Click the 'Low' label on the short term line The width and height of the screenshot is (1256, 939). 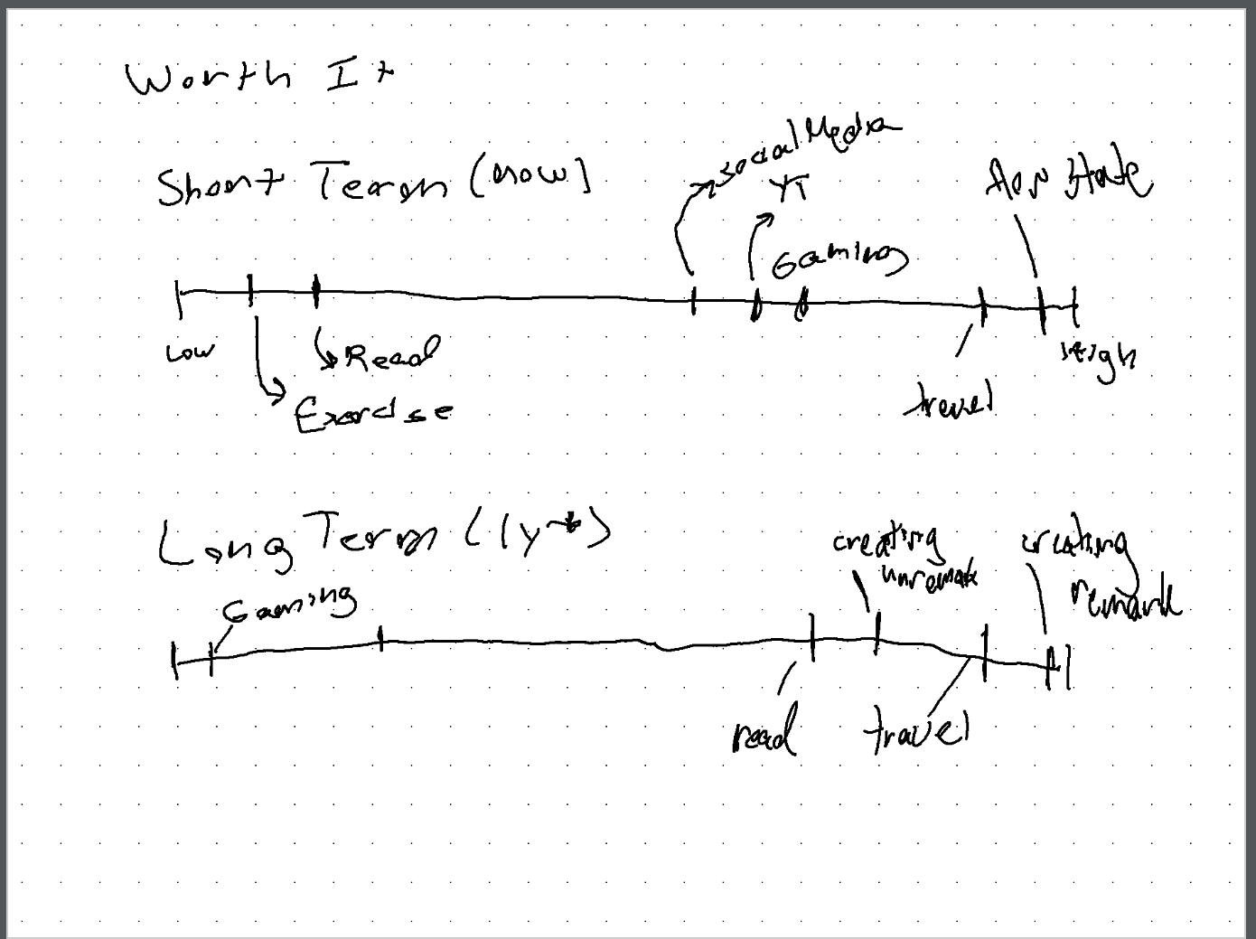pyautogui.click(x=190, y=352)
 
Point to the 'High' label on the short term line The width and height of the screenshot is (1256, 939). pyautogui.click(x=1099, y=358)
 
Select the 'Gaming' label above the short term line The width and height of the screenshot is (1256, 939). pyautogui.click(x=839, y=259)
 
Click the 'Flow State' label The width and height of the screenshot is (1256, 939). pyautogui.click(x=1067, y=180)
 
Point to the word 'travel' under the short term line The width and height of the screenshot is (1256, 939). pyautogui.click(x=950, y=401)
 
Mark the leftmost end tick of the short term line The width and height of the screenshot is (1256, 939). pyautogui.click(x=179, y=298)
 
